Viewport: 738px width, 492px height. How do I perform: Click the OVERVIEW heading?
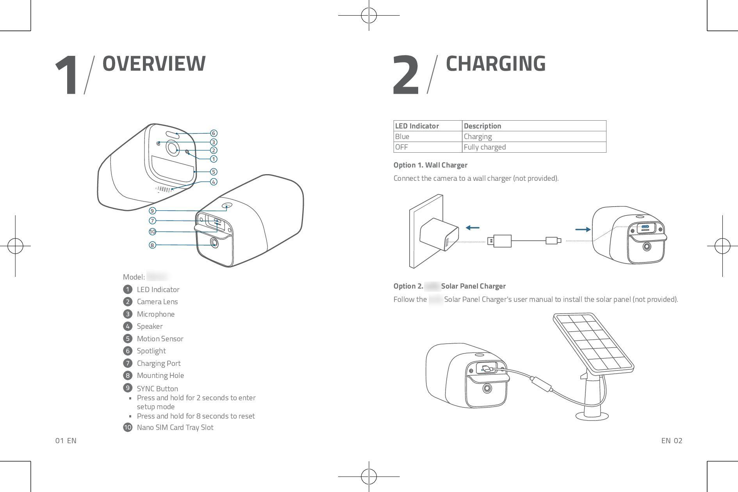pyautogui.click(x=154, y=64)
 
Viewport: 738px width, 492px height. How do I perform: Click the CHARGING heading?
pyautogui.click(x=496, y=64)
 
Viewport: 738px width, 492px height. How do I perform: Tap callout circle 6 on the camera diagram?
pyautogui.click(x=213, y=133)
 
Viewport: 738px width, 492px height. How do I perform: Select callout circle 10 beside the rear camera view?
pyautogui.click(x=152, y=232)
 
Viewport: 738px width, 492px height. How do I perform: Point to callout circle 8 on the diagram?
pyautogui.click(x=152, y=245)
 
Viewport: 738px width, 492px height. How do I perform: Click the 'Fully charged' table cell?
pyautogui.click(x=485, y=147)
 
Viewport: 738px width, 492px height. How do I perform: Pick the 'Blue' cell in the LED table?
pyautogui.click(x=402, y=137)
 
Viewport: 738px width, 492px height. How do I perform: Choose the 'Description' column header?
pyautogui.click(x=482, y=126)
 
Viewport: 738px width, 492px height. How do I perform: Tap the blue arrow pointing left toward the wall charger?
pyautogui.click(x=472, y=228)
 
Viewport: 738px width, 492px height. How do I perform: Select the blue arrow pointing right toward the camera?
pyautogui.click(x=583, y=230)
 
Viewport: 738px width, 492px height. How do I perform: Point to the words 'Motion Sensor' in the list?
pyautogui.click(x=160, y=339)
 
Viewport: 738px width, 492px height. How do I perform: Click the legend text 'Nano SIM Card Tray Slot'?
pyautogui.click(x=175, y=427)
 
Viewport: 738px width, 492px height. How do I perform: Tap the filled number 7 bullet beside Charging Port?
pyautogui.click(x=127, y=363)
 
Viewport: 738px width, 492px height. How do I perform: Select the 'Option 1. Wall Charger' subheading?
pyautogui.click(x=430, y=165)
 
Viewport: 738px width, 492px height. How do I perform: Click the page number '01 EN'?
pyautogui.click(x=66, y=441)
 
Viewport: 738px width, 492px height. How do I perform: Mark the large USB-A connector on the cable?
pyautogui.click(x=500, y=241)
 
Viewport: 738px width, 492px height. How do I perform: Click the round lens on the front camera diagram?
pyautogui.click(x=172, y=148)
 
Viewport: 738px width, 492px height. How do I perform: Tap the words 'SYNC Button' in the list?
pyautogui.click(x=157, y=389)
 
